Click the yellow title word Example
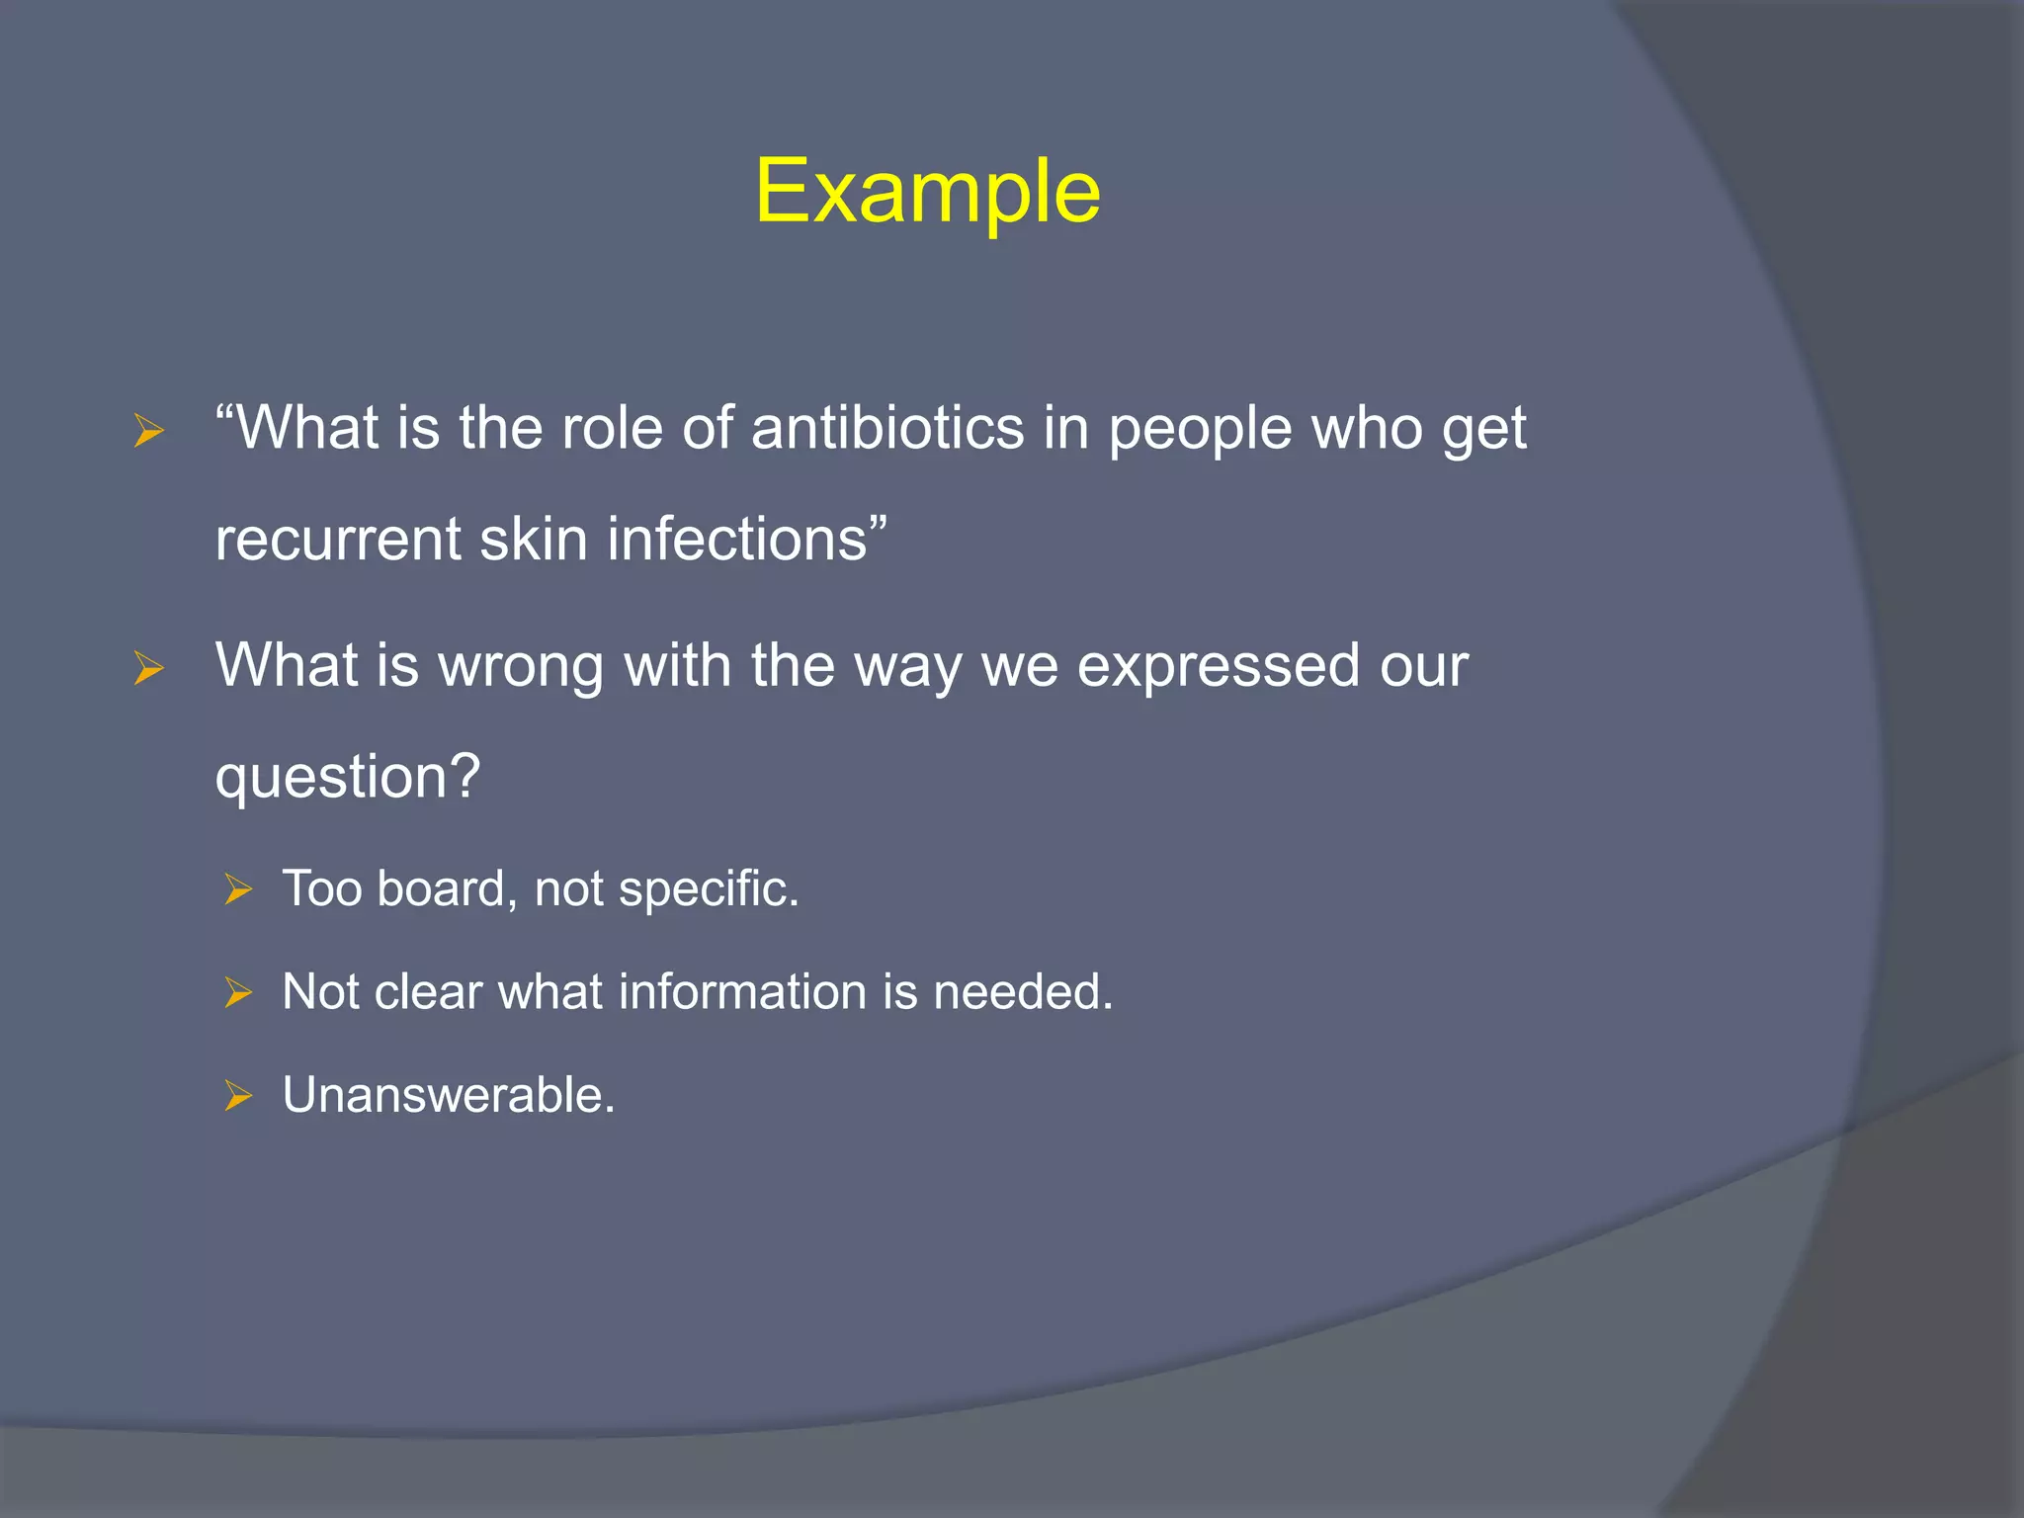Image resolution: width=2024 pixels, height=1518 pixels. [927, 192]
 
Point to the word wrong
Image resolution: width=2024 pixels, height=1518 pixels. [521, 666]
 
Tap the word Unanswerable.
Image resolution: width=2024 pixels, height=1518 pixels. [449, 1096]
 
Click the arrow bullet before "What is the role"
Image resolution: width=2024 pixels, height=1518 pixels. [148, 432]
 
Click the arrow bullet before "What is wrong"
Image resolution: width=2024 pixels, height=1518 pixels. [148, 669]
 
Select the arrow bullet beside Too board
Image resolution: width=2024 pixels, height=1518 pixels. [238, 890]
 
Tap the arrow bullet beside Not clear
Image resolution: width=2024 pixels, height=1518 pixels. [238, 993]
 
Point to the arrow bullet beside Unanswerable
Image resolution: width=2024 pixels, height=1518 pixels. [238, 1097]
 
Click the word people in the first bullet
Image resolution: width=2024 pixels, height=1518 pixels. [1200, 429]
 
